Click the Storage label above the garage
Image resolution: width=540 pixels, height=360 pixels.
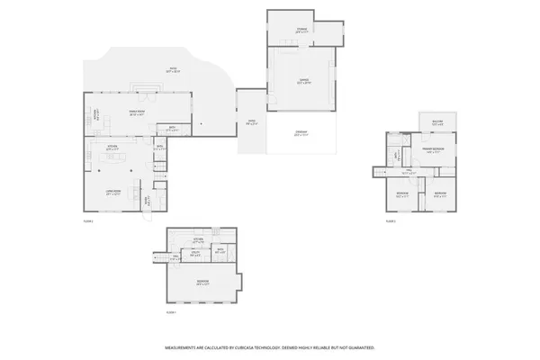pyautogui.click(x=302, y=31)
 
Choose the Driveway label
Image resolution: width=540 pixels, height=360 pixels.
pyautogui.click(x=301, y=133)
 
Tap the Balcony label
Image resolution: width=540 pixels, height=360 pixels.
pyautogui.click(x=436, y=124)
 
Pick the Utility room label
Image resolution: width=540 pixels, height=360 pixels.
pyautogui.click(x=194, y=255)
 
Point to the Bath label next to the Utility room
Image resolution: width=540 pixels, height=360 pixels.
pyautogui.click(x=220, y=253)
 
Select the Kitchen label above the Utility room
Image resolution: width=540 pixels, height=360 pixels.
pyautogui.click(x=199, y=239)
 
